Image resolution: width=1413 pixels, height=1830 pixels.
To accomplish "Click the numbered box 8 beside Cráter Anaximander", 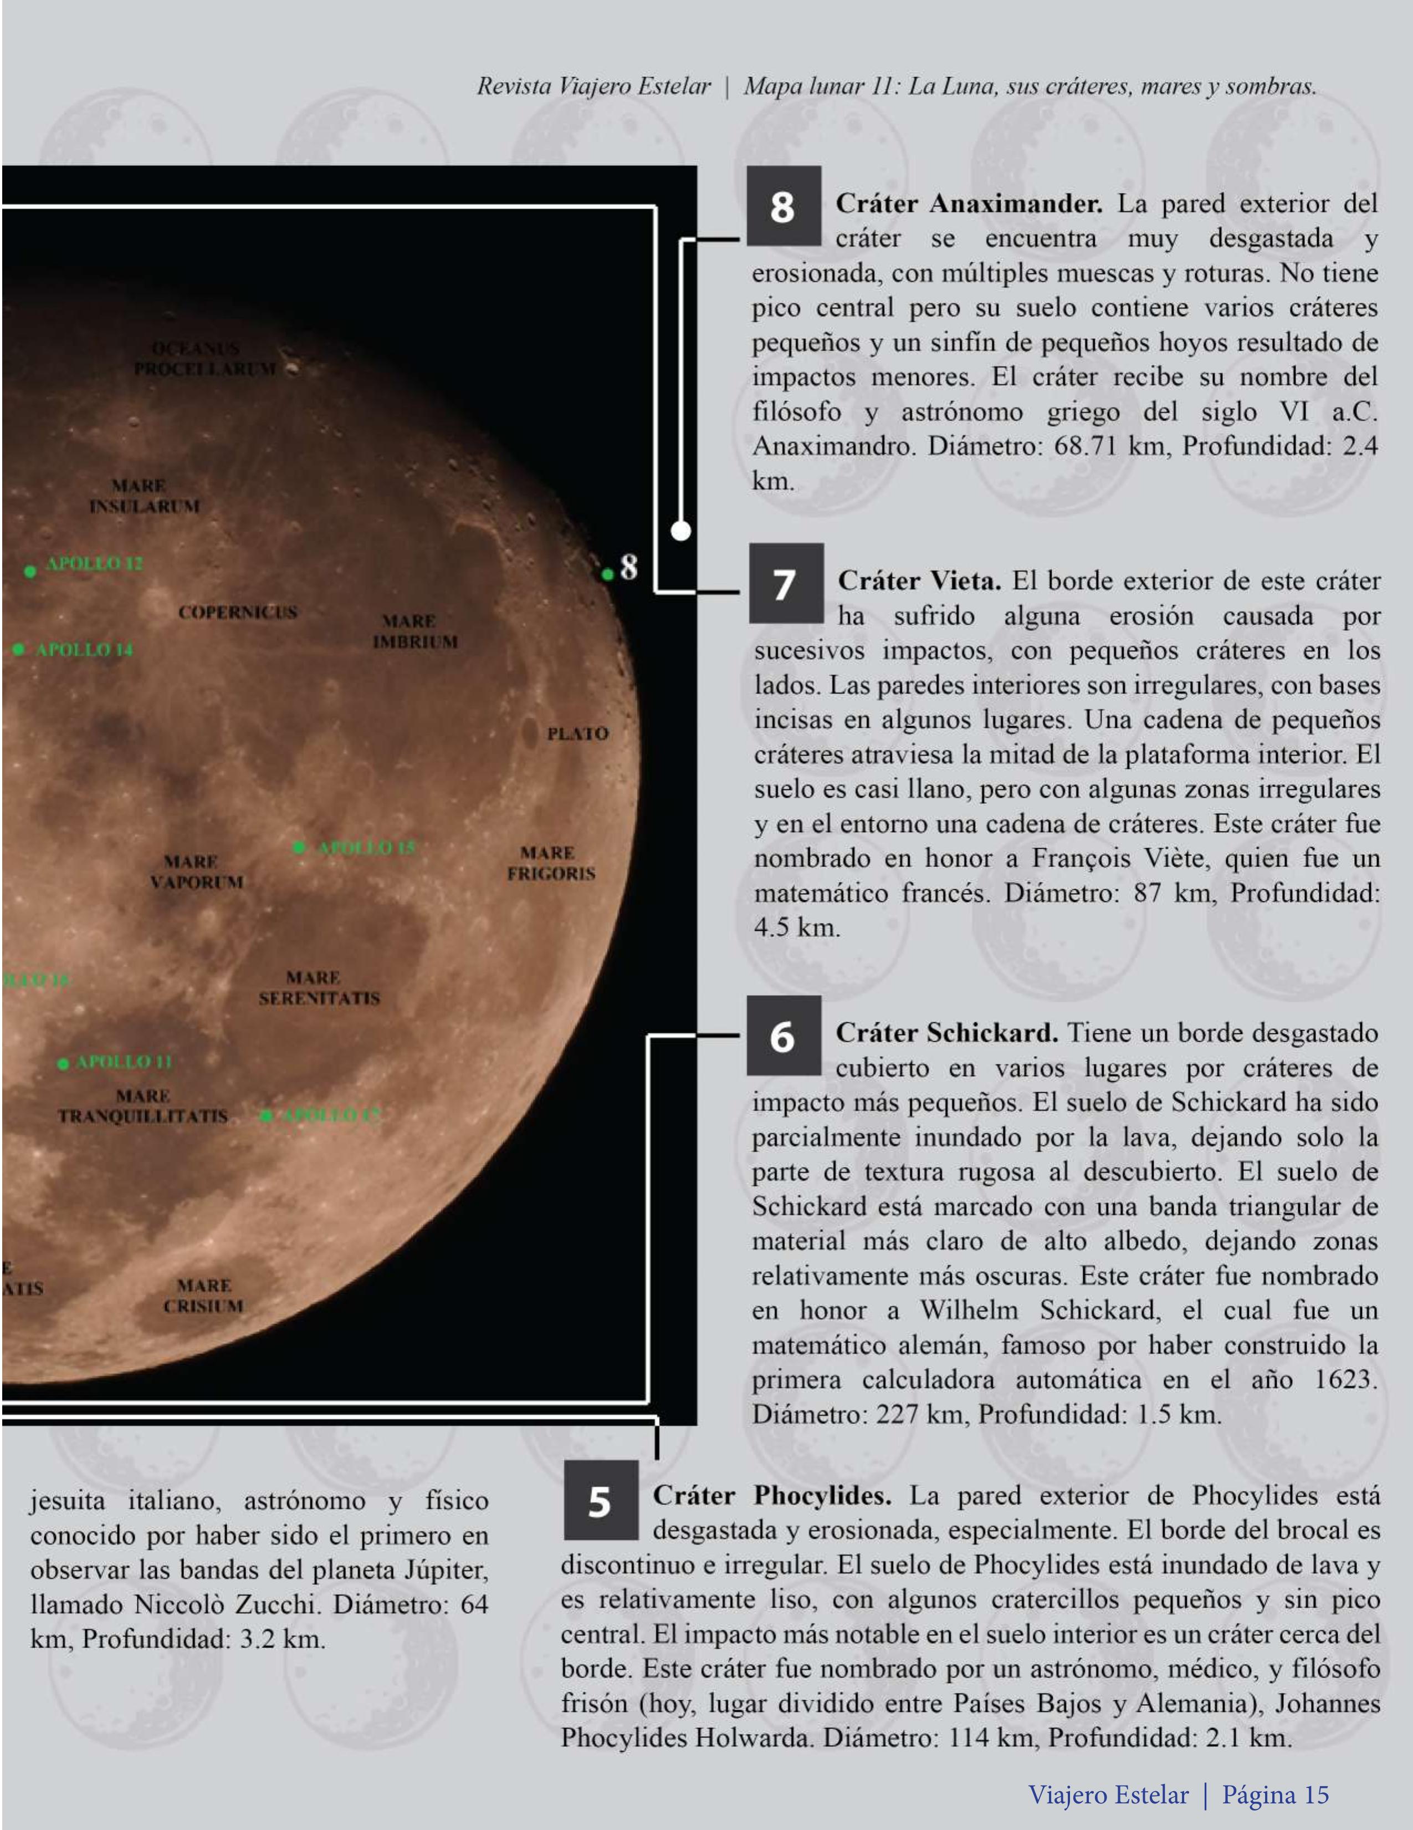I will pyautogui.click(x=783, y=206).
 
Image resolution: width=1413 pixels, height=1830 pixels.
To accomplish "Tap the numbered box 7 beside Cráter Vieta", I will pyautogui.click(x=786, y=583).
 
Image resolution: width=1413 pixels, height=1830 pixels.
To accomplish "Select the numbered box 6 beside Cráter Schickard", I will pyautogui.click(x=783, y=1036).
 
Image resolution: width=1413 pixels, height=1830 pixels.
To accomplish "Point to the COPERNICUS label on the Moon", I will pyautogui.click(x=237, y=613).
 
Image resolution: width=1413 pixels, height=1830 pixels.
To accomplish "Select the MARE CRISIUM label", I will pyautogui.click(x=203, y=1296).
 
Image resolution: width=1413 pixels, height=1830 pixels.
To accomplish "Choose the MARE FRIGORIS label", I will pyautogui.click(x=550, y=863).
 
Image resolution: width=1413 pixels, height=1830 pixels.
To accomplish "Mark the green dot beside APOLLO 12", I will pyautogui.click(x=30, y=572).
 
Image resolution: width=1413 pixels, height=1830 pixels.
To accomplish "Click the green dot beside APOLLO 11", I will pyautogui.click(x=63, y=1063).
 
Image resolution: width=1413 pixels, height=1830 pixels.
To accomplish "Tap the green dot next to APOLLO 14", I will pyautogui.click(x=18, y=649).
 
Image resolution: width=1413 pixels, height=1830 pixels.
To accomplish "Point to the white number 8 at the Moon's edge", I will pyautogui.click(x=629, y=567).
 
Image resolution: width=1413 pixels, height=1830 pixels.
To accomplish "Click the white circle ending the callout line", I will pyautogui.click(x=681, y=529).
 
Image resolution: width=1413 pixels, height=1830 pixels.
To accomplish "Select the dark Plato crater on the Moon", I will pyautogui.click(x=529, y=732).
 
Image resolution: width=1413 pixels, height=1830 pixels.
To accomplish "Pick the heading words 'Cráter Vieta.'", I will pyautogui.click(x=918, y=580).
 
